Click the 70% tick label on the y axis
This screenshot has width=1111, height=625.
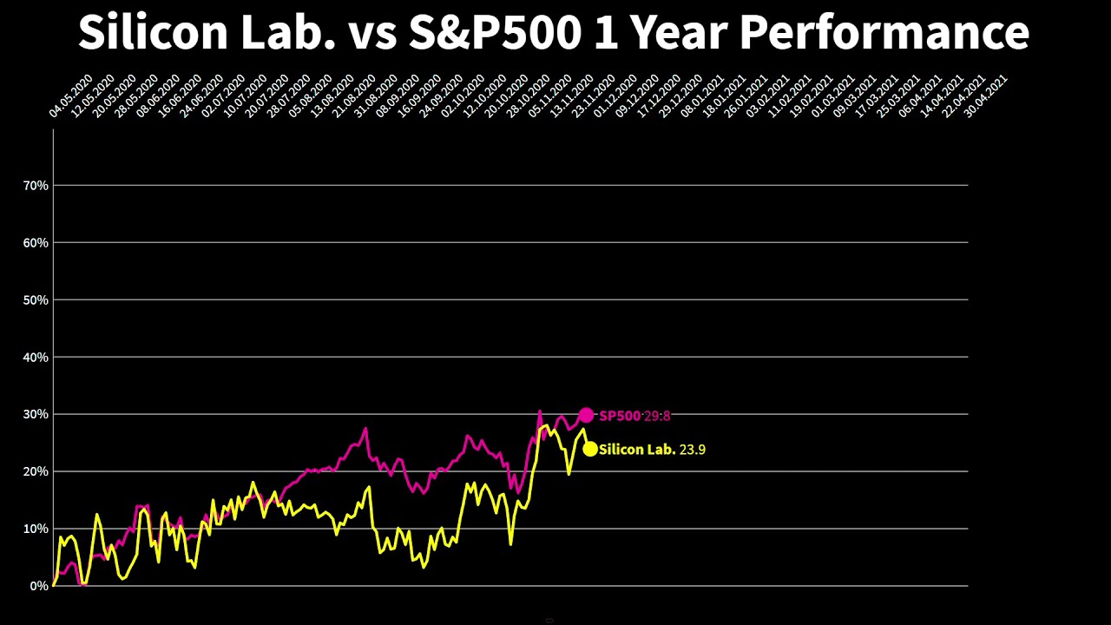tap(36, 186)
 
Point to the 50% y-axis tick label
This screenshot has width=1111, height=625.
tap(36, 300)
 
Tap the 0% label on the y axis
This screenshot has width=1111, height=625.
tap(39, 587)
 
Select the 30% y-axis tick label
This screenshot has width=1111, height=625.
tap(36, 415)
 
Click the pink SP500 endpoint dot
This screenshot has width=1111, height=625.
tap(586, 416)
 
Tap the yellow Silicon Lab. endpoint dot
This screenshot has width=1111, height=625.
tap(590, 449)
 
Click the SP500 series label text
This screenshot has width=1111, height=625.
tap(620, 416)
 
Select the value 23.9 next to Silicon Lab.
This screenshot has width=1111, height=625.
tap(693, 450)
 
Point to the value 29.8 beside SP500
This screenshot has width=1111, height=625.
tap(657, 416)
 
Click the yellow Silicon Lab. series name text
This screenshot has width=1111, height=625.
tap(637, 450)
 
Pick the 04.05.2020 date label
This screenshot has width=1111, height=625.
tap(70, 95)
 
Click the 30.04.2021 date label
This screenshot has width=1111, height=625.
tap(986, 95)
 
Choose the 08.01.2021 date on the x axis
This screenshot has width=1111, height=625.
tap(703, 95)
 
